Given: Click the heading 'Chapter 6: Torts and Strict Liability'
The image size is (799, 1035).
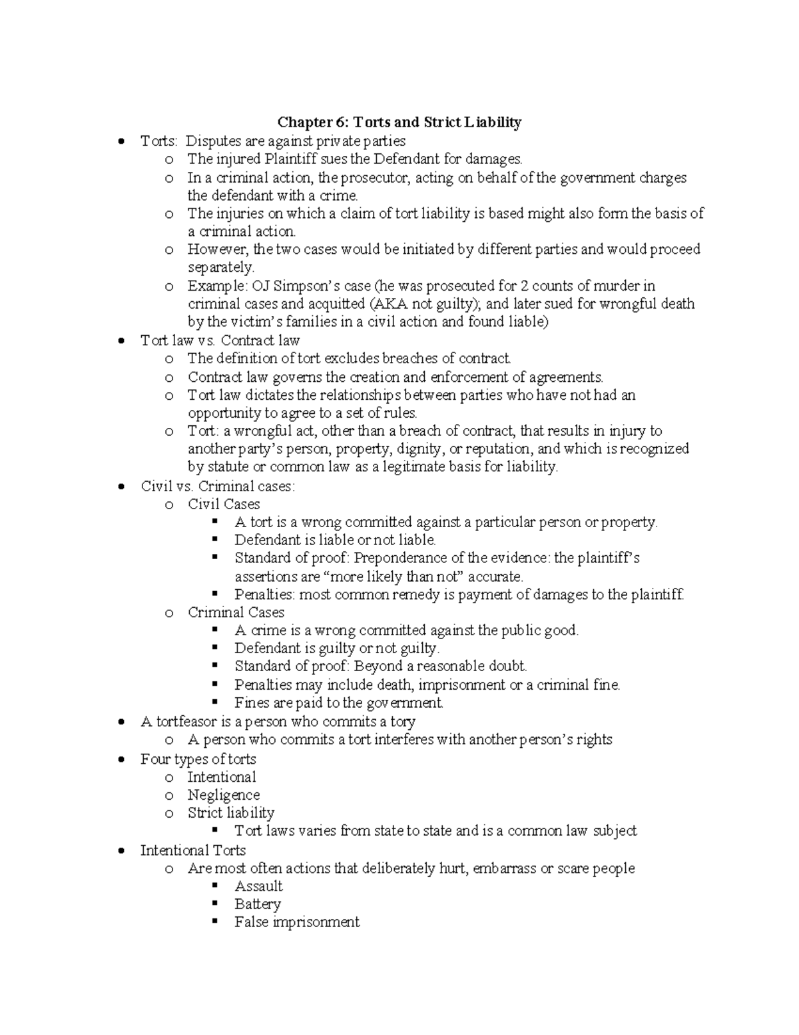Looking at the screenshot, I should pos(399,122).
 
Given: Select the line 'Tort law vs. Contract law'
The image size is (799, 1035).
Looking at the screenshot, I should pos(220,340).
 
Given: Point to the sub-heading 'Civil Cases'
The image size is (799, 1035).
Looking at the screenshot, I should pos(224,505).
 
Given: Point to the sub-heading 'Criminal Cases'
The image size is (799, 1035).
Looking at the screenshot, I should pos(236,612).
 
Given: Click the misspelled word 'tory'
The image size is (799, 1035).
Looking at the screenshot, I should pos(403,722).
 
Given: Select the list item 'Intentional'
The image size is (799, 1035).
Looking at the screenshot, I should pos(221,777).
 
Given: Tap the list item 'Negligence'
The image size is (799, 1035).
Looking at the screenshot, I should pos(223,795).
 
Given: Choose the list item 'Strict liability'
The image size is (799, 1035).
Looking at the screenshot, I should pos(230,813).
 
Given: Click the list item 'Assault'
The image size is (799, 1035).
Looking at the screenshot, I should pos(258,886).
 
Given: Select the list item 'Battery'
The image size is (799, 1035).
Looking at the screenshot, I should pos(257,904).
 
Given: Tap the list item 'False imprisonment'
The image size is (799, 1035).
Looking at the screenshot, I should pos(296,922).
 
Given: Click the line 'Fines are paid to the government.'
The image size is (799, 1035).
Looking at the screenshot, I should pos(338,703).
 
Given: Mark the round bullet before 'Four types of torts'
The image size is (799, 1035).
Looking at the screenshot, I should pos(120,760).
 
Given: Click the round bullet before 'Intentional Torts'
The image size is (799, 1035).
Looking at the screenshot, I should pos(120,851).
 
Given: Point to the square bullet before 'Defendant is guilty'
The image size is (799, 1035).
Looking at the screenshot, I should pos(214,648).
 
